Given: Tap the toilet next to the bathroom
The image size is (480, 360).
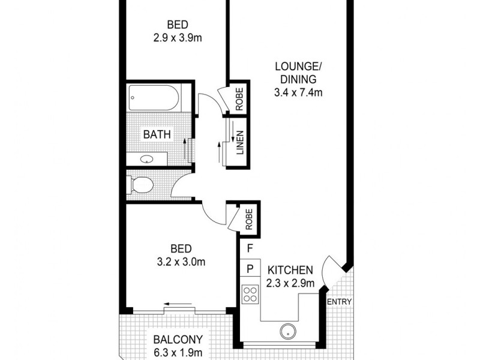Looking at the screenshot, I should [142, 185].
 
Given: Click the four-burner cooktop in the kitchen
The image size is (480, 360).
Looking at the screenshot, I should [250, 294].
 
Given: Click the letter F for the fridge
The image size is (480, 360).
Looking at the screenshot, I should [250, 247].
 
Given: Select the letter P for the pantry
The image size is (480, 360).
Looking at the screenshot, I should [250, 268].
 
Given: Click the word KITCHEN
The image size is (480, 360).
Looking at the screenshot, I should [290, 269].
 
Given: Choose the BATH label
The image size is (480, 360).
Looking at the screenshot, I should [157, 134].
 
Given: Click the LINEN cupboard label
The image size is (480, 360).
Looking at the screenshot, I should [239, 143].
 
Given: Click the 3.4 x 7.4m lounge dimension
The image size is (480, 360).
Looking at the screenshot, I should [299, 92].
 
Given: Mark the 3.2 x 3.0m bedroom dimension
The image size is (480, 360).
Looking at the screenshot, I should [181, 262].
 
